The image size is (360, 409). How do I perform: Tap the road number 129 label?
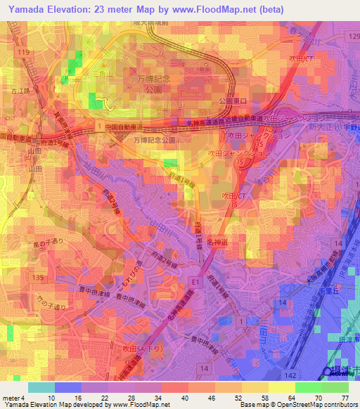[x=352, y=34]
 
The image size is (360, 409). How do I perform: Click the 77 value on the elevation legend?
[x=345, y=397]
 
